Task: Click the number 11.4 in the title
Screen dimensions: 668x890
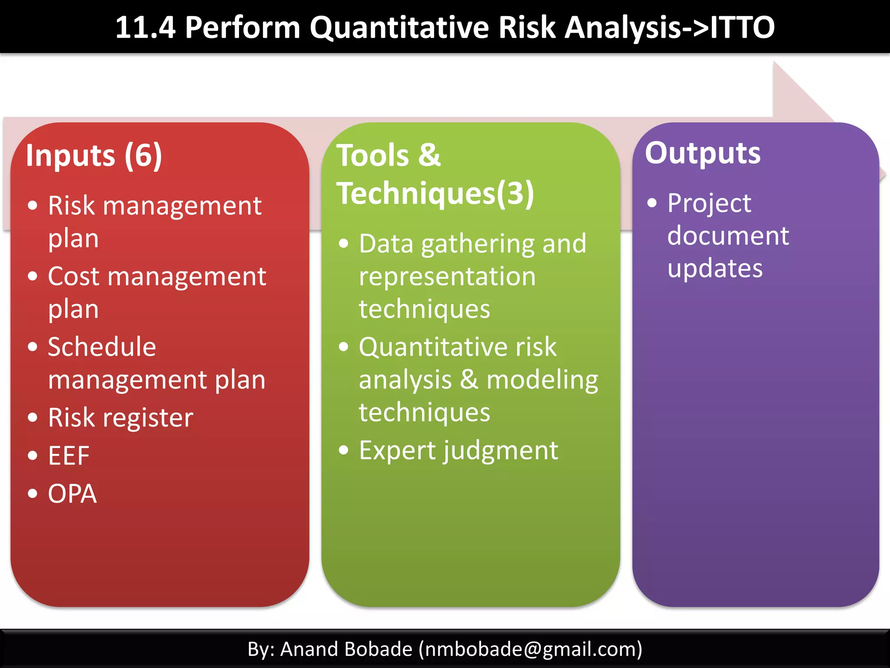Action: pos(145,27)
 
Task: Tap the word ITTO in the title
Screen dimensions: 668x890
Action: pos(742,27)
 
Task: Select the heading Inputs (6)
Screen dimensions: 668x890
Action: pos(94,155)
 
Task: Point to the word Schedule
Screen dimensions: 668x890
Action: pos(102,347)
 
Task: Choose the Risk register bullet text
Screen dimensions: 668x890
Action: pos(120,418)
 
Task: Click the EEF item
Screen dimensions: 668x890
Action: pos(69,456)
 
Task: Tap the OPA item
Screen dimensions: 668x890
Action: pos(72,494)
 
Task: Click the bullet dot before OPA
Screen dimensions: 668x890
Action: pos(33,494)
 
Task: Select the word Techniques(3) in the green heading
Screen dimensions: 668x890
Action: pos(435,194)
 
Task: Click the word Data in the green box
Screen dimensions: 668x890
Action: pos(386,244)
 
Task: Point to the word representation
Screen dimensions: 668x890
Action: pos(447,277)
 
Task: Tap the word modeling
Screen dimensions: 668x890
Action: pos(542,380)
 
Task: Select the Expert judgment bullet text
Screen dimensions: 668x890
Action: pos(458,451)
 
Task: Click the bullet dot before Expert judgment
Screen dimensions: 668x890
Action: pos(344,450)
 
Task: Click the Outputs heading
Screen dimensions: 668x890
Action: pos(703,153)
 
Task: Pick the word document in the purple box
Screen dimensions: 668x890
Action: pos(728,236)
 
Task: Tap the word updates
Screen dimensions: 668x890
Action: pos(715,268)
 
